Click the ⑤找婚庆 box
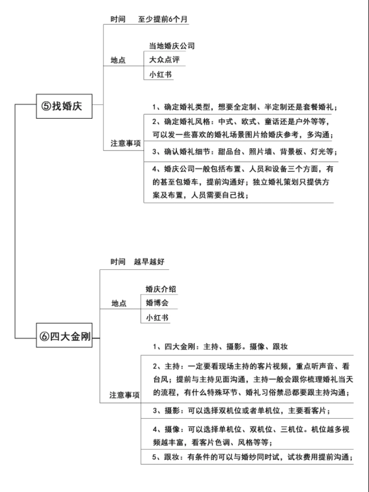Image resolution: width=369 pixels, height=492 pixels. tap(64, 106)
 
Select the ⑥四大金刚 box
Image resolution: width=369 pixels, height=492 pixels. tap(64, 335)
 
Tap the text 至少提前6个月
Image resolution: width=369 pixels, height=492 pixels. tap(163, 19)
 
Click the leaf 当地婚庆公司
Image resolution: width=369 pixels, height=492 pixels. tap(172, 46)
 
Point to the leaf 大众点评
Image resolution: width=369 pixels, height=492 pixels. tap(164, 59)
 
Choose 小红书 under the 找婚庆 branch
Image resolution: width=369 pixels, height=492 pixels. tap(160, 74)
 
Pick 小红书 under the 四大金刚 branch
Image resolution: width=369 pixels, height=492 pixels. tap(157, 318)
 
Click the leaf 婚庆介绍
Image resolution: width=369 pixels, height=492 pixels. tap(160, 289)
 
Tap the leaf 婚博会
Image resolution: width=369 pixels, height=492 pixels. tap(157, 303)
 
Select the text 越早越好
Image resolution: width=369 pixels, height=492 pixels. tap(149, 261)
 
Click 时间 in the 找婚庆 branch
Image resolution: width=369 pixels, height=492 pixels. tap(118, 19)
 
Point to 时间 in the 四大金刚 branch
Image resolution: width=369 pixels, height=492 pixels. tap(118, 261)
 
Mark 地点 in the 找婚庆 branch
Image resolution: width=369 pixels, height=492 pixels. tap(118, 60)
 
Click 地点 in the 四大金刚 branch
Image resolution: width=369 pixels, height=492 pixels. tap(119, 303)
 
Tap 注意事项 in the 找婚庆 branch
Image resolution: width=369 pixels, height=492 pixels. tap(126, 144)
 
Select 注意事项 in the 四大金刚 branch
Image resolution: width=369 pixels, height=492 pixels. tap(125, 395)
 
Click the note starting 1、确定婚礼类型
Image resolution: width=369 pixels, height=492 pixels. tap(245, 107)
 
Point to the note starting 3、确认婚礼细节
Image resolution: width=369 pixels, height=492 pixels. tap(245, 152)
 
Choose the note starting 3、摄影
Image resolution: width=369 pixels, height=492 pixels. tap(241, 410)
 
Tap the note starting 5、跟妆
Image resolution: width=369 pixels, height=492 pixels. tap(252, 457)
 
